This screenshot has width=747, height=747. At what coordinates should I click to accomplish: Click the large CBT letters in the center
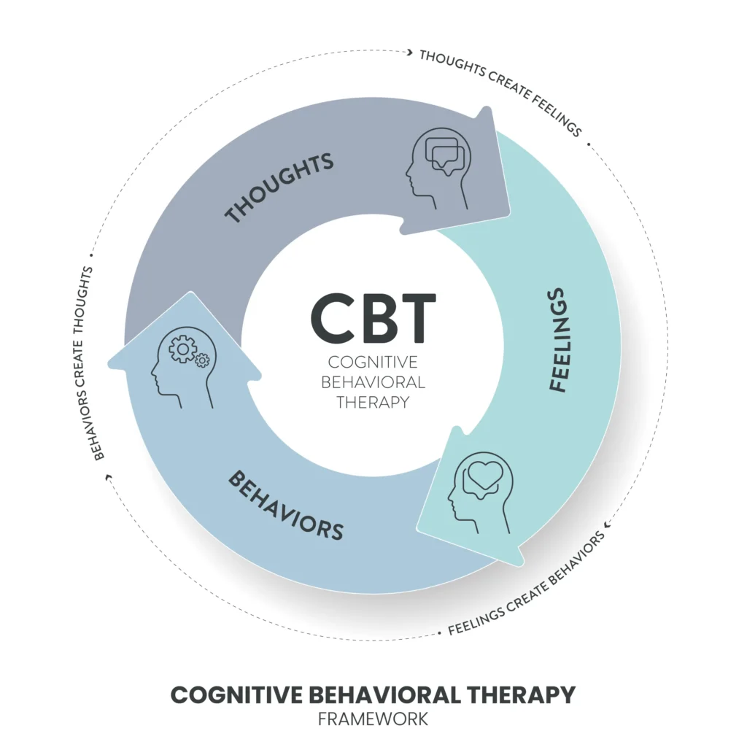[373, 319]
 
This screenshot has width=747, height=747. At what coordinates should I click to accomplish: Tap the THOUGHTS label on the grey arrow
[279, 187]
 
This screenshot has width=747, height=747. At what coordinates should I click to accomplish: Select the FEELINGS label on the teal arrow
[557, 340]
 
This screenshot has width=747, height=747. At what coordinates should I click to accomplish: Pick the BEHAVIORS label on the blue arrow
[285, 505]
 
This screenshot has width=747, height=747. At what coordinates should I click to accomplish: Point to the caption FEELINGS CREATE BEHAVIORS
[526, 584]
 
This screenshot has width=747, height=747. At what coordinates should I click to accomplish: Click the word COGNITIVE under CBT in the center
[373, 362]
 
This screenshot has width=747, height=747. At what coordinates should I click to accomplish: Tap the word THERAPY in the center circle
[373, 400]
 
